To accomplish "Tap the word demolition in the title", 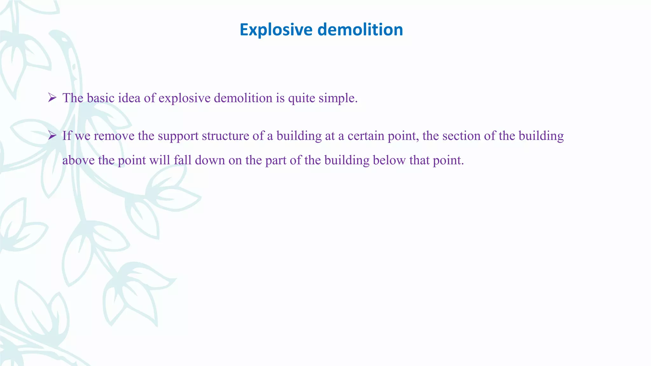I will pos(360,30).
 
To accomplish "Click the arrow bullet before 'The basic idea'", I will pos(52,98).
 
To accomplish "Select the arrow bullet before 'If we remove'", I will pos(52,136).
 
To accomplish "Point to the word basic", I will pos(100,98).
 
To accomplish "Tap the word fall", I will pos(182,160).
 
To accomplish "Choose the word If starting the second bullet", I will pos(67,136).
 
